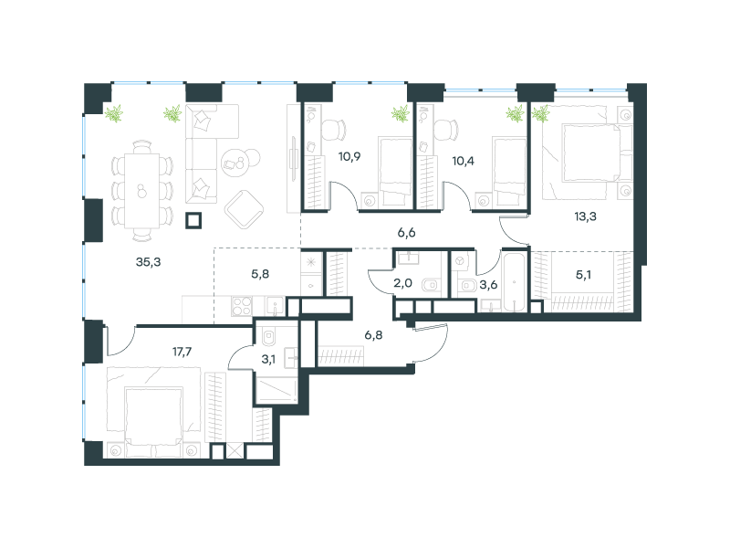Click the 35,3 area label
(148, 262)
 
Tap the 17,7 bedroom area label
(182, 352)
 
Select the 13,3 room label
(585, 216)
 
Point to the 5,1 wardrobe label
(583, 275)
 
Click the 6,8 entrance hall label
(373, 334)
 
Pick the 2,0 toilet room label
(402, 283)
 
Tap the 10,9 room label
(349, 156)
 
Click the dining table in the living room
(142, 191)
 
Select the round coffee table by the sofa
(235, 163)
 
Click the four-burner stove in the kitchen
(242, 306)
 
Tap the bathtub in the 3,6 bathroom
(514, 281)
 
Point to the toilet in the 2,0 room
(431, 284)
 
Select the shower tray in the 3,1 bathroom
(276, 390)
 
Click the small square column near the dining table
(193, 220)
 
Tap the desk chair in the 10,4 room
(446, 129)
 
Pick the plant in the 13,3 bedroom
(540, 113)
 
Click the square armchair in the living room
(244, 210)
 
